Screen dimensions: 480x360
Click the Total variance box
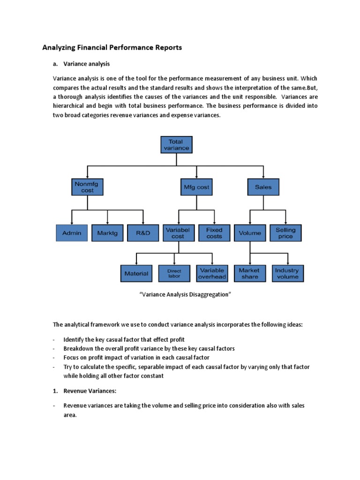(x=176, y=144)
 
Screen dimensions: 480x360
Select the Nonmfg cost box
(x=87, y=187)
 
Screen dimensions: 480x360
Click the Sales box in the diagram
(x=263, y=187)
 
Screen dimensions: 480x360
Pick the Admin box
(x=71, y=233)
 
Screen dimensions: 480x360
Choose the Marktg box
(x=107, y=233)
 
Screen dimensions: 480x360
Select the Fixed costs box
(x=214, y=233)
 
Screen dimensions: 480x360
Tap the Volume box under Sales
(x=250, y=233)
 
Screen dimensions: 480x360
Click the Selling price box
(x=285, y=233)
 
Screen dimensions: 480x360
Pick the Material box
(x=136, y=273)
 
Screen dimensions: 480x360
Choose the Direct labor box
(x=174, y=273)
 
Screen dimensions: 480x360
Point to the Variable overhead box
(x=212, y=273)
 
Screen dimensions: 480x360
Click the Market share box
(x=249, y=273)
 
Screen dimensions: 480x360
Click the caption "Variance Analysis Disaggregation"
(x=180, y=294)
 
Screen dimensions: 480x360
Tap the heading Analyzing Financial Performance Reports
(x=112, y=47)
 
